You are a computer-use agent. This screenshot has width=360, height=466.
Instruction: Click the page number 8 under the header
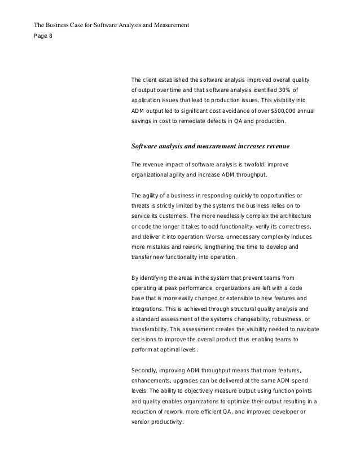[50, 37]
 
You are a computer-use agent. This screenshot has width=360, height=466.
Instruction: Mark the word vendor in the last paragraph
[141, 422]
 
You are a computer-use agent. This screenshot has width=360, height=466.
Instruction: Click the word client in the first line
[154, 79]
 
